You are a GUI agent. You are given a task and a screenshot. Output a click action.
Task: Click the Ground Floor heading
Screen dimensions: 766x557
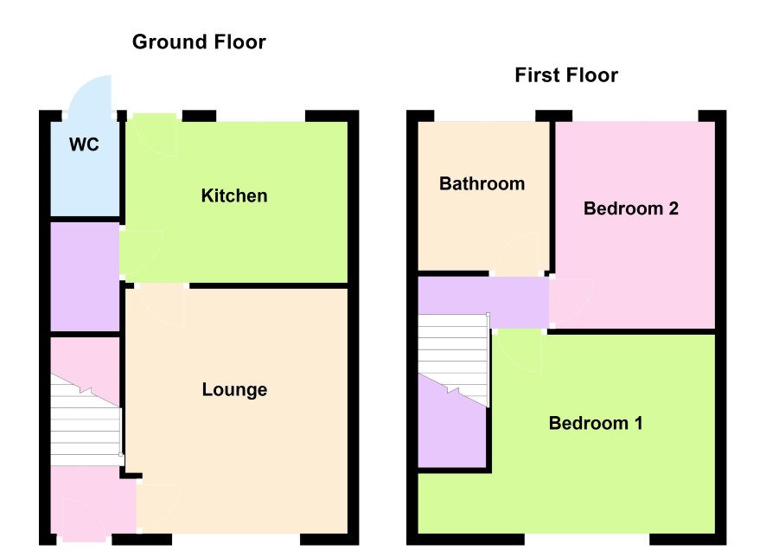[x=199, y=42]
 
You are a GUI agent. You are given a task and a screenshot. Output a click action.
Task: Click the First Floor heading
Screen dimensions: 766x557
[x=566, y=75]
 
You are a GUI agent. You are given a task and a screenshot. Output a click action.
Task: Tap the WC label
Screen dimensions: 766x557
[x=84, y=144]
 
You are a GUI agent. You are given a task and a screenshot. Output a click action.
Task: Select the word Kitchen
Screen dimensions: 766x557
[x=234, y=196]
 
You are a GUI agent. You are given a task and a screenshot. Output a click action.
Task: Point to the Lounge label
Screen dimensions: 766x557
[x=234, y=390]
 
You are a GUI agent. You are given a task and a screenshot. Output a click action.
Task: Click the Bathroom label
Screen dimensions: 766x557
[x=482, y=183]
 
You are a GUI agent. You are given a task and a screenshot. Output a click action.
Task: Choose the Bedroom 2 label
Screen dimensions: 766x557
[x=630, y=208]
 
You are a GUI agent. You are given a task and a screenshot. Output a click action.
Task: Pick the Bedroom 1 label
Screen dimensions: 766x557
[x=596, y=423]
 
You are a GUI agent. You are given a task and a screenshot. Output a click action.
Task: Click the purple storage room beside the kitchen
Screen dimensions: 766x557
[x=85, y=277]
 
